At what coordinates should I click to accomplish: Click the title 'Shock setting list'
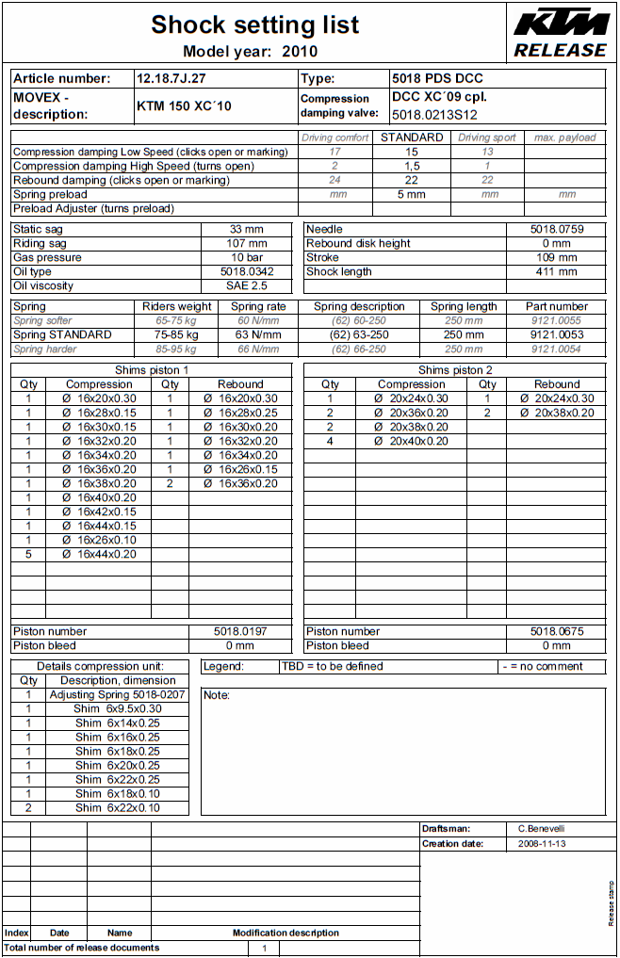tap(254, 24)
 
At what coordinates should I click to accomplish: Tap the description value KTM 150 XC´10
tap(184, 106)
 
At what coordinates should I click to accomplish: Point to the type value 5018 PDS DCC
tap(437, 79)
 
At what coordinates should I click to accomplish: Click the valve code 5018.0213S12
tap(434, 115)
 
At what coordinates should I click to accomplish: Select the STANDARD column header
tap(412, 138)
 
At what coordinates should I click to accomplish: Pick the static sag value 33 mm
tap(247, 229)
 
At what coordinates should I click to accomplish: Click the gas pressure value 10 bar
tap(247, 257)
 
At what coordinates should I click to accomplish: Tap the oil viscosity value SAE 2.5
tap(247, 285)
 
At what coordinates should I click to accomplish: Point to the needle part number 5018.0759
tap(557, 229)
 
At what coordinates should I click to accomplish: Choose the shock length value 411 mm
tap(557, 271)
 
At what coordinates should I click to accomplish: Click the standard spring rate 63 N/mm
tap(259, 334)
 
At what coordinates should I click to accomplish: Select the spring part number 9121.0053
tap(557, 334)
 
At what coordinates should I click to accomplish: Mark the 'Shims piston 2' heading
tap(455, 370)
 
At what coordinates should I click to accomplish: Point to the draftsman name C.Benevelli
tap(542, 828)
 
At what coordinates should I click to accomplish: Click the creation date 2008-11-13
tap(542, 844)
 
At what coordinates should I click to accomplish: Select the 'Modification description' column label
tap(286, 933)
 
